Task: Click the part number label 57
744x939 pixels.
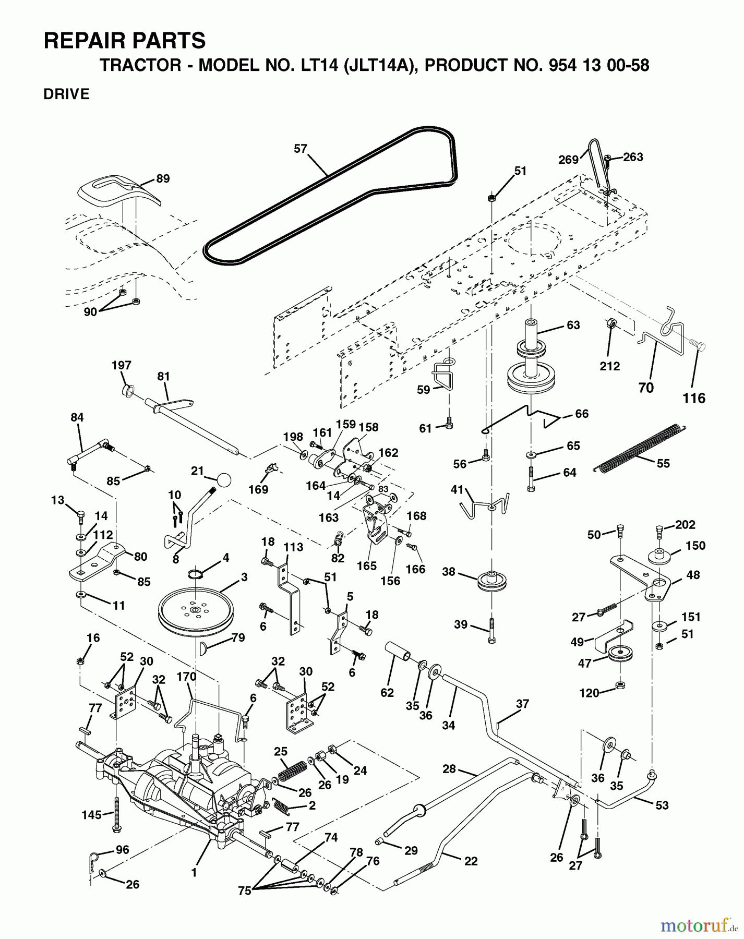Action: click(x=301, y=149)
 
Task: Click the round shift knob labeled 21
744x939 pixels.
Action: click(x=224, y=479)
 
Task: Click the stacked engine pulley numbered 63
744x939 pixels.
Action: click(x=530, y=365)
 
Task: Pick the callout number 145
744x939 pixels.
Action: click(x=92, y=814)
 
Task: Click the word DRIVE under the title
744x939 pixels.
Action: click(x=67, y=94)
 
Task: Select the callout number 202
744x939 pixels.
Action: click(x=685, y=524)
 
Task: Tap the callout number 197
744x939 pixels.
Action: click(x=122, y=365)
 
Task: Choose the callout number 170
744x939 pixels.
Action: click(x=186, y=677)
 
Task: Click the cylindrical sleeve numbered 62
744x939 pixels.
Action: click(x=398, y=652)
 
